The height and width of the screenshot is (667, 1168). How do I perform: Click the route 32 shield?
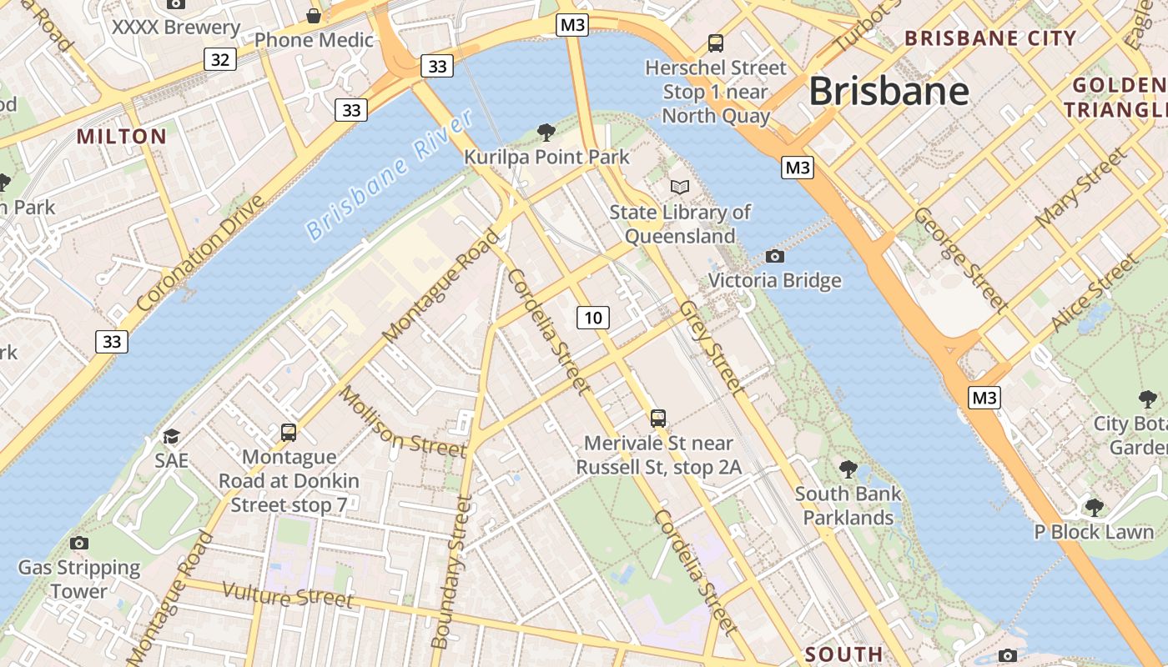219,59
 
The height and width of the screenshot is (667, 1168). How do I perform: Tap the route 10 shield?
592,317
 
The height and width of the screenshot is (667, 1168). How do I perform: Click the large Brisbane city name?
889,90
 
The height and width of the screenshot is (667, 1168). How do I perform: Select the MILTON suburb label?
122,136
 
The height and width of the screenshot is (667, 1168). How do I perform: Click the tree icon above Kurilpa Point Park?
546,132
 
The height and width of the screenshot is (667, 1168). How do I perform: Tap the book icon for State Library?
680,187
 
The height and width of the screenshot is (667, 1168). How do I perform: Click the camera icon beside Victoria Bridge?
774,256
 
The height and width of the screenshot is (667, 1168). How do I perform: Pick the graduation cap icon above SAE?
171,435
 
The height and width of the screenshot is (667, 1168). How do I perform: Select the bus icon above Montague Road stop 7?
289,432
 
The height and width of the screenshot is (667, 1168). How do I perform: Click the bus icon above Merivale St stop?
658,418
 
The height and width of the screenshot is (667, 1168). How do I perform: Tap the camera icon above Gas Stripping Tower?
79,543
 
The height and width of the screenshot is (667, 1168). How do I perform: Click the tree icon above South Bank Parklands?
848,469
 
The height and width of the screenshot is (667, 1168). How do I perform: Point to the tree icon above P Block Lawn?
1094,507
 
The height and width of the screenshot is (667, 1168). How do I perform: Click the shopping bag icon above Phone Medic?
314,15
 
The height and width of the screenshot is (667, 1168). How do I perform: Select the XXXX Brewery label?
176,28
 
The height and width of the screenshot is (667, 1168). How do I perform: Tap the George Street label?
960,258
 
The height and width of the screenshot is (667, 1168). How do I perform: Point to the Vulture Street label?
288,594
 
